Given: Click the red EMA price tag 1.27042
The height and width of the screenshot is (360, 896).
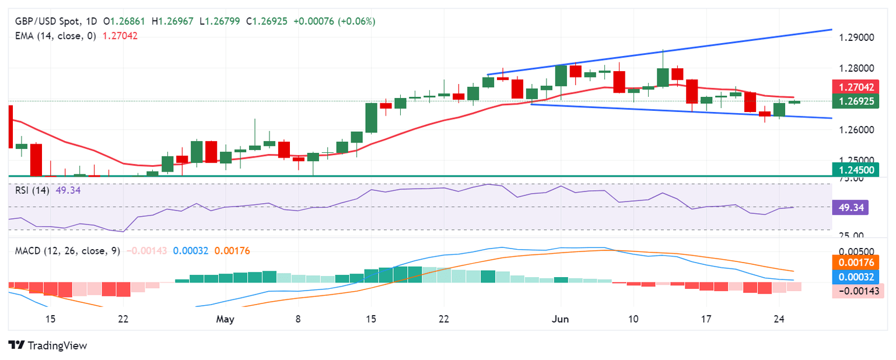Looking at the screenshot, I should coord(857,88).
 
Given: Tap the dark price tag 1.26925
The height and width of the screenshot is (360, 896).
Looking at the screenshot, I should coord(857,101).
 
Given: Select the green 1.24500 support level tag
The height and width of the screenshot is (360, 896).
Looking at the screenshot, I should coord(857,170).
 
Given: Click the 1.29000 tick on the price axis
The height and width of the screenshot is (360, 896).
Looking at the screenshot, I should coord(857,37).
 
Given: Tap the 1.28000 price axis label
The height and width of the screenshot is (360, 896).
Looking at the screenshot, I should coord(857,68).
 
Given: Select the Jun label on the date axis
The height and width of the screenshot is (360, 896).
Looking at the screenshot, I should coord(559,319).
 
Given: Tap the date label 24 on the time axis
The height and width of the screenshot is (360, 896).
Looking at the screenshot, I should coord(779,319).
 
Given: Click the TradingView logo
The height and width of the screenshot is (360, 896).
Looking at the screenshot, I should coord(48,345).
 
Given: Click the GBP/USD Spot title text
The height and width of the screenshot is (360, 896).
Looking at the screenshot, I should coord(48,22).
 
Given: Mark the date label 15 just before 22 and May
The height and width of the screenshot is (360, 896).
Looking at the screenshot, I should coord(50,319).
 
